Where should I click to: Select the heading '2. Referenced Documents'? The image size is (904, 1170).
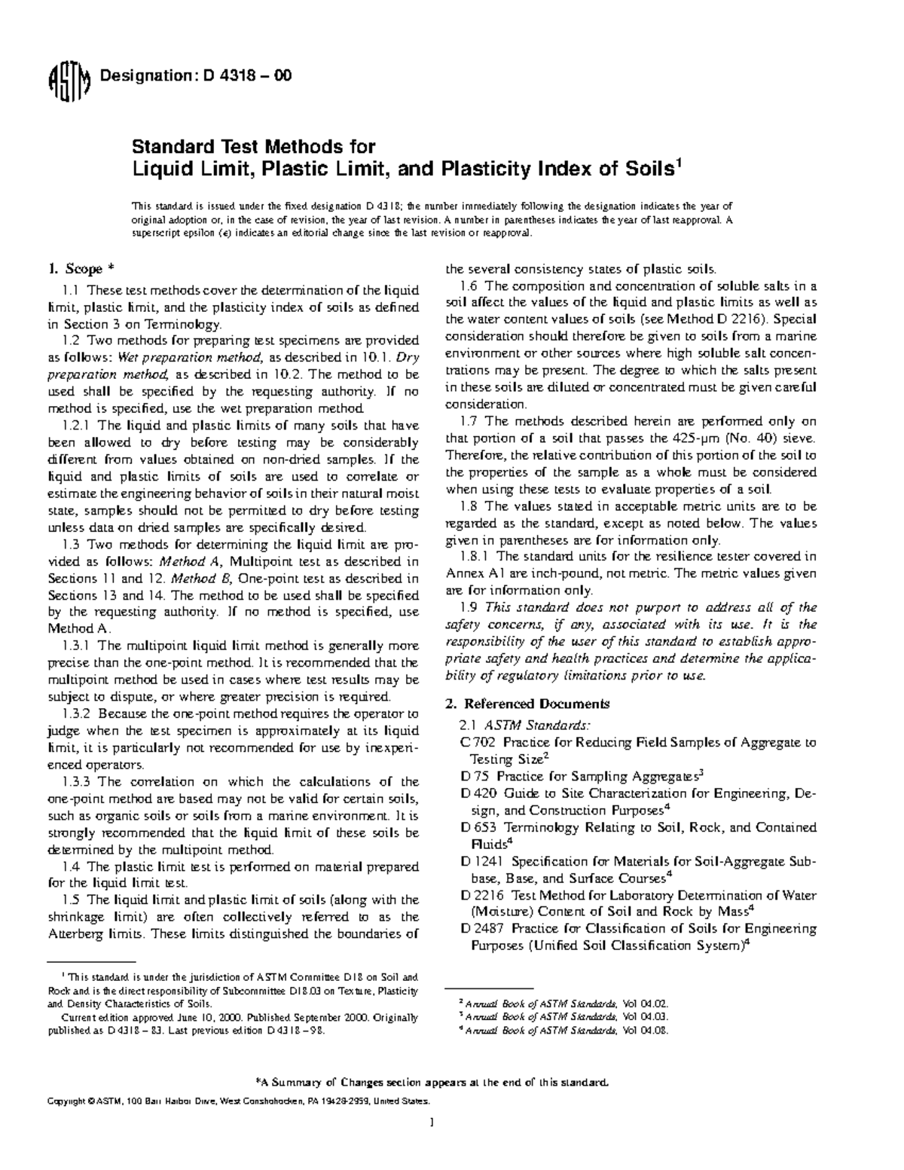(527, 704)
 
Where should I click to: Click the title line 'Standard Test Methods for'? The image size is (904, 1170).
(254, 146)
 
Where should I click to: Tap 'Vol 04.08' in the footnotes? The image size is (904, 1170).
(645, 1031)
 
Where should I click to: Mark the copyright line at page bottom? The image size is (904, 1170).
(238, 1101)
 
